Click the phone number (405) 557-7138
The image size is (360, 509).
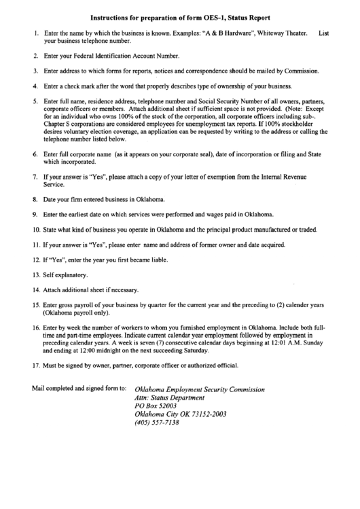click(x=158, y=422)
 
